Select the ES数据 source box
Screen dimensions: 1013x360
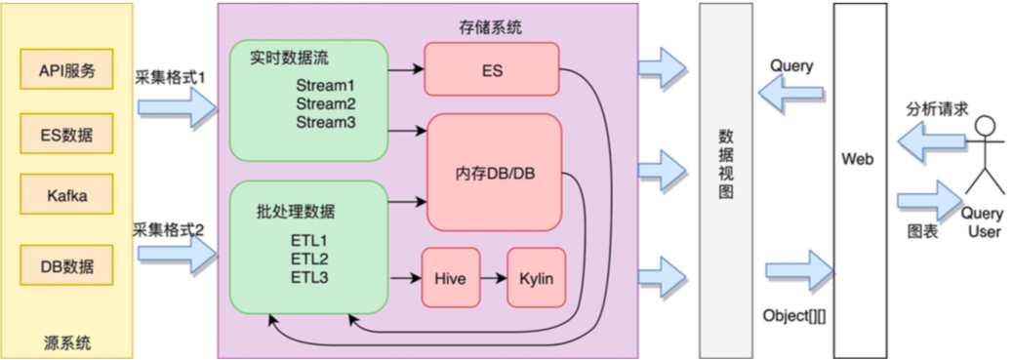click(x=67, y=134)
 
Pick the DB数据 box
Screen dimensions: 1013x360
click(x=67, y=265)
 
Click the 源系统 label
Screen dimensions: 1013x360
click(x=67, y=340)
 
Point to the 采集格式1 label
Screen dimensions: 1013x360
click(x=170, y=78)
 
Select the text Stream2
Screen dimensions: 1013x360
click(x=326, y=103)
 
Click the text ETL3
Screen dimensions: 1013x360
click(x=309, y=278)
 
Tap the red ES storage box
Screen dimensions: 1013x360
click(x=491, y=69)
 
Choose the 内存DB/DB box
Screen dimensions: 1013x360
click(x=494, y=173)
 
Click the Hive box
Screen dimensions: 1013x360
click(x=451, y=277)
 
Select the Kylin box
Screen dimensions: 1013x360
click(x=536, y=277)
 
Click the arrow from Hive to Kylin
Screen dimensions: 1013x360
click(x=494, y=278)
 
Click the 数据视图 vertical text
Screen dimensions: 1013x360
click(x=725, y=164)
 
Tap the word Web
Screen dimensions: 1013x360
click(x=859, y=159)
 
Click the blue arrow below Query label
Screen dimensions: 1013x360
click(x=790, y=94)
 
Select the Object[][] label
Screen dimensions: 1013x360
click(x=795, y=316)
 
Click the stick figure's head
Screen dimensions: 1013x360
click(x=985, y=126)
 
